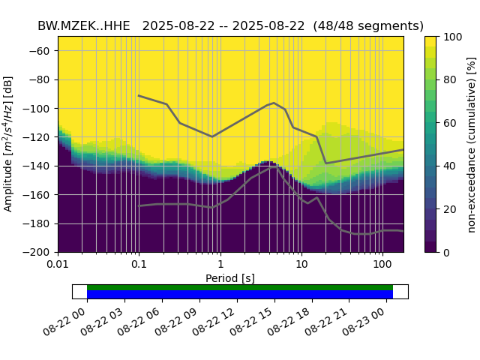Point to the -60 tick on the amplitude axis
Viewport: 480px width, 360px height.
(x=43, y=51)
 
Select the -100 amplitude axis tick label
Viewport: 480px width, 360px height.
(x=40, y=109)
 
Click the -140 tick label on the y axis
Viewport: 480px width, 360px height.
(x=40, y=166)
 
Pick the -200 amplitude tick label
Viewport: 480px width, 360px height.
(x=40, y=253)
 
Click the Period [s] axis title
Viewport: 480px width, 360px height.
(x=230, y=278)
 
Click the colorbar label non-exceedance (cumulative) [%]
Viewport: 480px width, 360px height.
(x=471, y=144)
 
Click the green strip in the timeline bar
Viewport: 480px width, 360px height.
(x=240, y=287)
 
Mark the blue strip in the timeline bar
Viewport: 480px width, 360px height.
(x=240, y=295)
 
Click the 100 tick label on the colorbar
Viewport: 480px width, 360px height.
(x=452, y=37)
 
